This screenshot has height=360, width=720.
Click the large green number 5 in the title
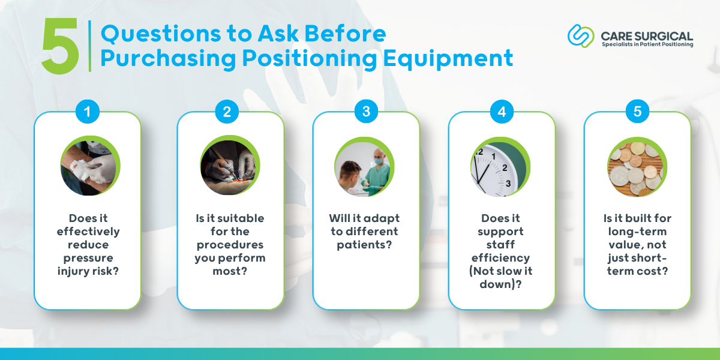pos(61,46)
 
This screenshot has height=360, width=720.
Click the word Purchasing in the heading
pos(169,59)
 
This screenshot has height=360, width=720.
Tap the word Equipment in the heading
pos(448,59)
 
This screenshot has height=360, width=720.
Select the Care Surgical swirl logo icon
pos(581,36)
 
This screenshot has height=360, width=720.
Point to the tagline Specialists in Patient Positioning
pos(647,44)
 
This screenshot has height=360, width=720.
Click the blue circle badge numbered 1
pos(88,112)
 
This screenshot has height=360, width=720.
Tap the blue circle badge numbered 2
pos(227,112)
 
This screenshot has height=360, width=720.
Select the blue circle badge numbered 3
pos(366,111)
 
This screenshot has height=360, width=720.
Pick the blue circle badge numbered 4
pos(502,112)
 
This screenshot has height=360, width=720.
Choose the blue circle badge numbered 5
pos(637,111)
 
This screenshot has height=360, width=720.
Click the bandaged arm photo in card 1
pos(90,166)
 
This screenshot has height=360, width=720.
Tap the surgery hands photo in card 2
pos(230,165)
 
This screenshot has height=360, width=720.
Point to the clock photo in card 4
pos(500,167)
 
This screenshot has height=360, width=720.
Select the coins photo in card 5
pos(637,167)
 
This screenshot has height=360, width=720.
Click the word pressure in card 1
pos(88,258)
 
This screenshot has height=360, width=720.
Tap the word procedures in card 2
pos(230,245)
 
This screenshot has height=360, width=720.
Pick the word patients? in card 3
pos(365,245)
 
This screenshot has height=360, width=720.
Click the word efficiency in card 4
pos(500,258)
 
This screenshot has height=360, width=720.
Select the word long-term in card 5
pos(637,232)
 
